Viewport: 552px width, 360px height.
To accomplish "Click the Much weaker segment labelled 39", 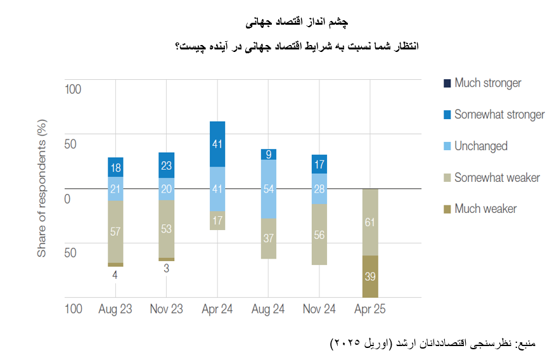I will [370, 276].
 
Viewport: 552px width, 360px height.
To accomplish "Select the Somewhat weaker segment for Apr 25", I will [370, 222].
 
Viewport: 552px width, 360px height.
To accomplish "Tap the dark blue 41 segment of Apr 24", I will [217, 144].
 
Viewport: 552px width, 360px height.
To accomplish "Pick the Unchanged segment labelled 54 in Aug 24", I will [268, 189].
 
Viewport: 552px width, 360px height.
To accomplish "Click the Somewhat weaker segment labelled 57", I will [115, 231].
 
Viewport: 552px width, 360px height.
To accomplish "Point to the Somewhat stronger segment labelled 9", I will [268, 154].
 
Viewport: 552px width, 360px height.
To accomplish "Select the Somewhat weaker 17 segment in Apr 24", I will [217, 221].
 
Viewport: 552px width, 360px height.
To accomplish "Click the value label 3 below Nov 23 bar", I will [166, 268].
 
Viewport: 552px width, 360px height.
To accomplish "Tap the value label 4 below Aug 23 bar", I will [115, 274].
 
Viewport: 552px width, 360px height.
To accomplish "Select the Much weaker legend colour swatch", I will [448, 209].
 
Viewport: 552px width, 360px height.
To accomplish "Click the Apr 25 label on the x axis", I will [369, 309].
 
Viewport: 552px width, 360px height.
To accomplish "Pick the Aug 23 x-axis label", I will [115, 309].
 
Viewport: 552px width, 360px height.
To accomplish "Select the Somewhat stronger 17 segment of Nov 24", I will [319, 164].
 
